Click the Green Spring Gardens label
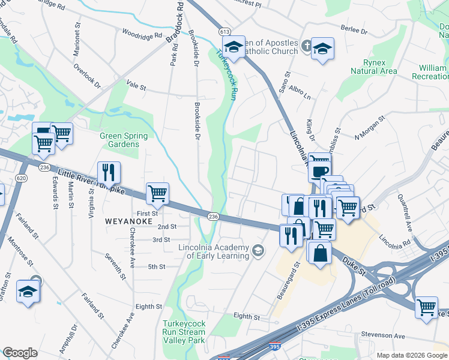(x=123, y=140)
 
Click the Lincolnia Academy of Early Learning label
(x=213, y=252)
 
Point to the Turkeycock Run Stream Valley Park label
(x=184, y=332)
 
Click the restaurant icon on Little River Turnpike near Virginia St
(x=109, y=173)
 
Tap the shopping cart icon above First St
(x=157, y=193)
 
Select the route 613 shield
(x=224, y=31)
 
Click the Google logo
(x=20, y=353)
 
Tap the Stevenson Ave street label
(x=383, y=336)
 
